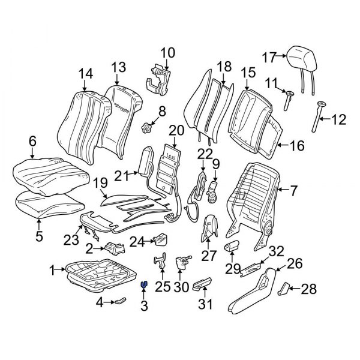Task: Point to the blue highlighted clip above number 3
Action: [x=144, y=286]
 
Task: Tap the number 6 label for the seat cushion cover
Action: [x=32, y=141]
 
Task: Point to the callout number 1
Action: [x=52, y=270]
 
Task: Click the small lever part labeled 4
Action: [x=120, y=299]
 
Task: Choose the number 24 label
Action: [x=137, y=243]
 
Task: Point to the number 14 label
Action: [x=86, y=73]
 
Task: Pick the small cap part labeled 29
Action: [x=232, y=247]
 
